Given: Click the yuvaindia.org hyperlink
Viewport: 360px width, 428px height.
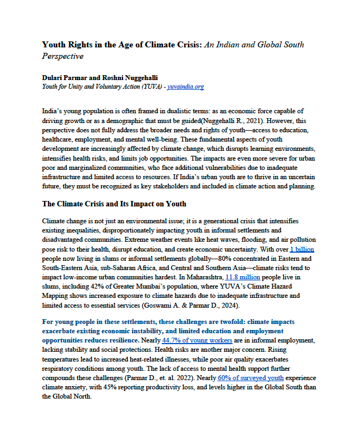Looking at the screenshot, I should pyautogui.click(x=186, y=87).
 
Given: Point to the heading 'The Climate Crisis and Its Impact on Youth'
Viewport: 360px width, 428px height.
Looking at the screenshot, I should pyautogui.click(x=114, y=204).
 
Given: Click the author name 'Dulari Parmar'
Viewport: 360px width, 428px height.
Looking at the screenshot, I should pyautogui.click(x=63, y=77).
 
